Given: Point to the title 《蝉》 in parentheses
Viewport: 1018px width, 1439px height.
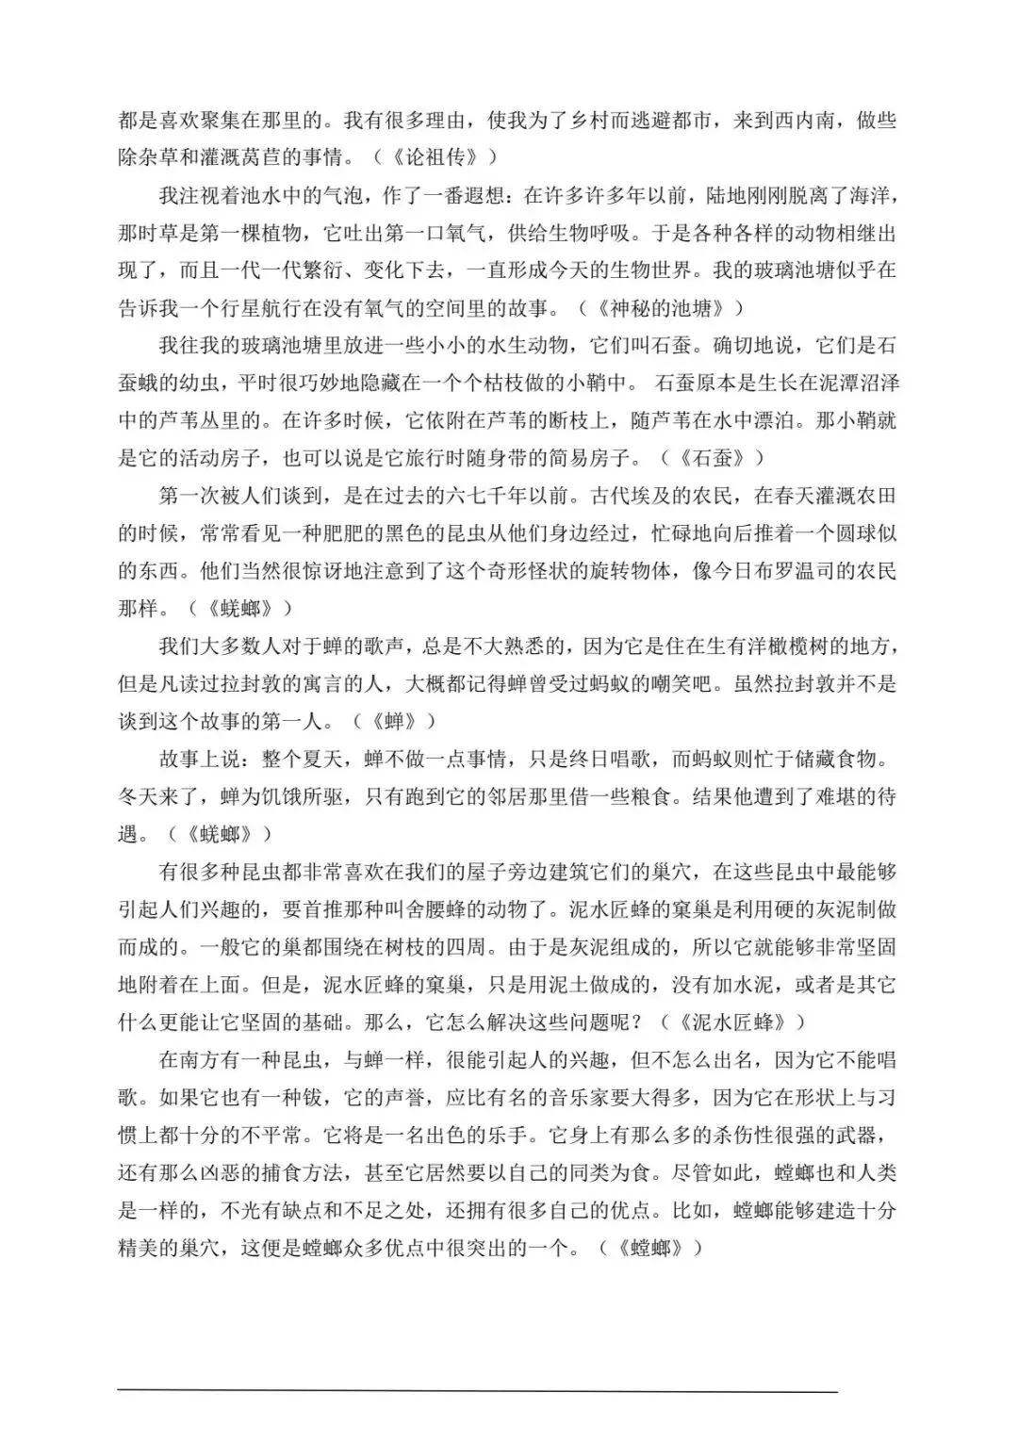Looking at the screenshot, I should pos(395,722).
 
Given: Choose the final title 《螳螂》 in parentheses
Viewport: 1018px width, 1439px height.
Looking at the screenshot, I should pos(649,1249).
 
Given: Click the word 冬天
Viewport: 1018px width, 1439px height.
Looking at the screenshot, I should pos(139,797).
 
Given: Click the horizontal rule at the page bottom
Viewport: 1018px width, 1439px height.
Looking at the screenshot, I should pos(477,1391).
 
